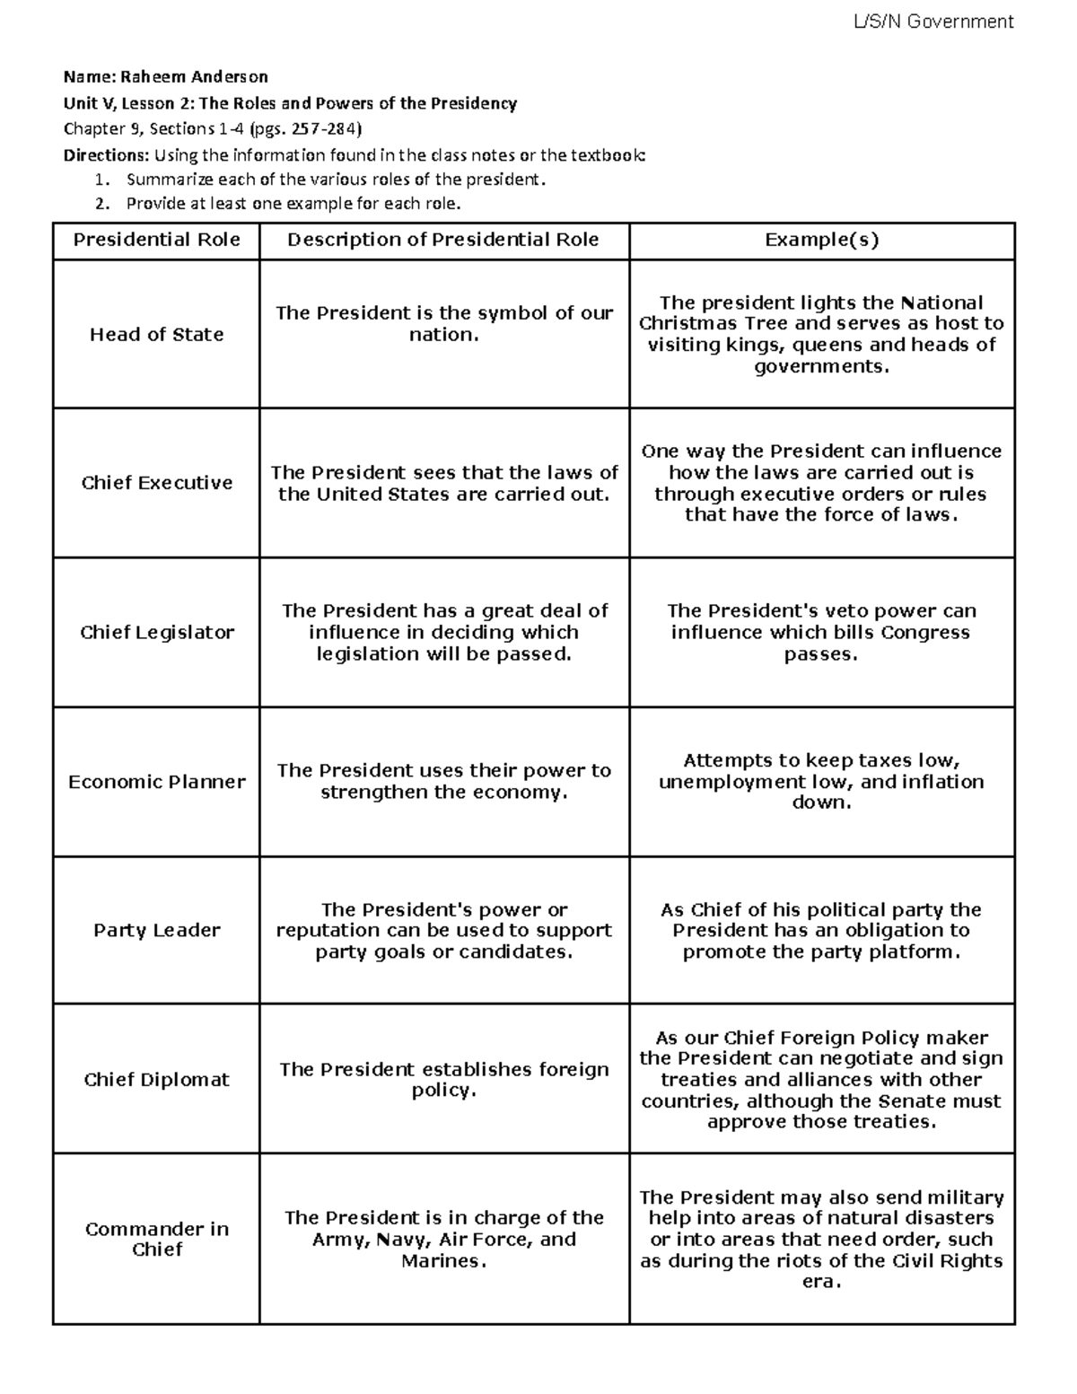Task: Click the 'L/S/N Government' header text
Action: [x=933, y=22]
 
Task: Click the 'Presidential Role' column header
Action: [x=156, y=240]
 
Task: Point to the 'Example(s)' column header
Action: [x=821, y=240]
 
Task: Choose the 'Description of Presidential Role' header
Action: [x=443, y=240]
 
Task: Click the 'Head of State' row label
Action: [x=156, y=335]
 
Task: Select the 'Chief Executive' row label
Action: [x=156, y=483]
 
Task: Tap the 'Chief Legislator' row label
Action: [x=156, y=632]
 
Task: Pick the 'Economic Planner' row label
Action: [x=156, y=782]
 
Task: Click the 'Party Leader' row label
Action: [x=156, y=930]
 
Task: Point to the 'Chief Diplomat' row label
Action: [x=156, y=1080]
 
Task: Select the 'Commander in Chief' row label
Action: [x=156, y=1239]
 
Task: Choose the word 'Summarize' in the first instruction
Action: [x=166, y=180]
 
